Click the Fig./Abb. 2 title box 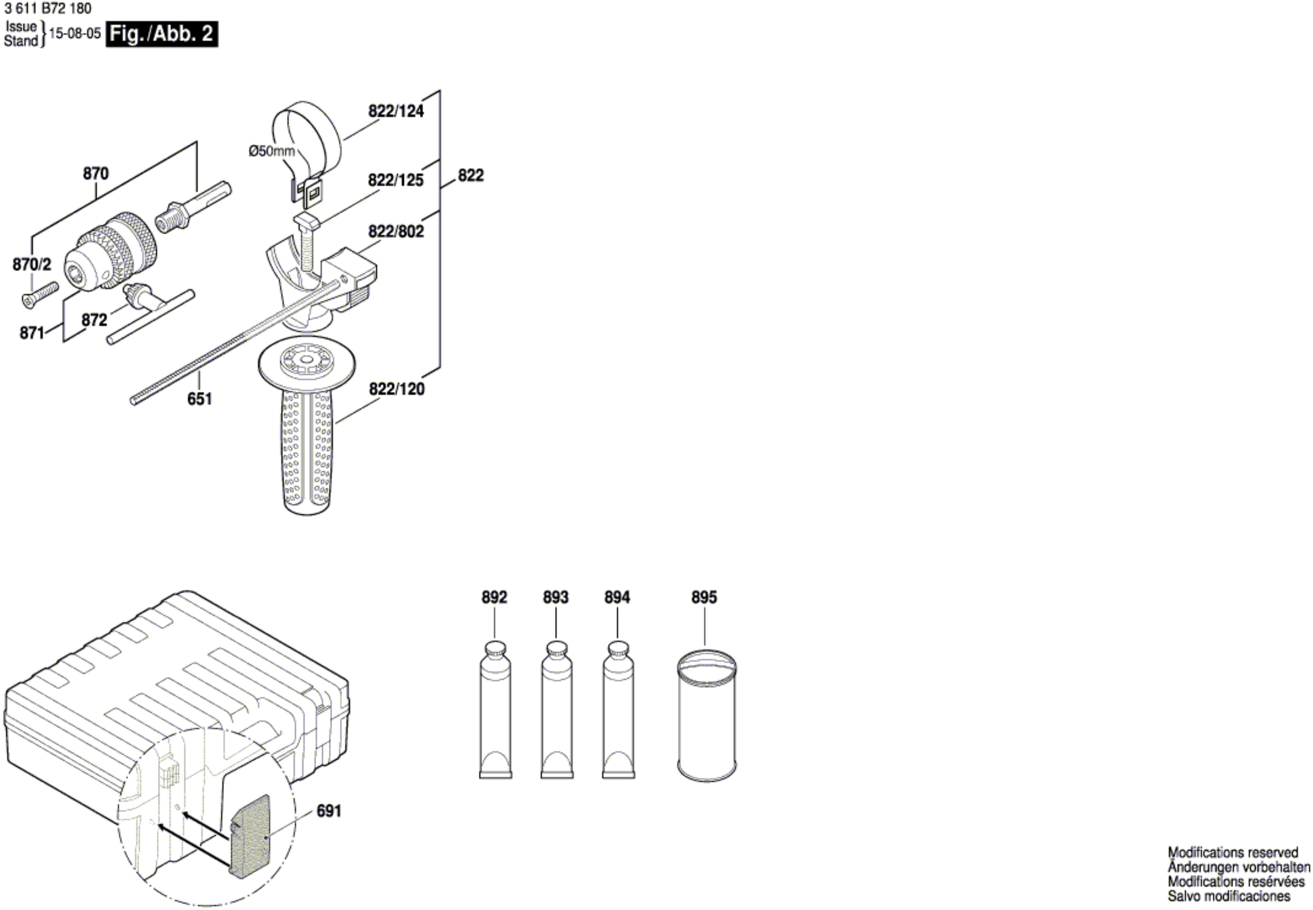pyautogui.click(x=161, y=34)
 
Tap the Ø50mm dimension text pyautogui.click(x=271, y=151)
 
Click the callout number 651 pyautogui.click(x=200, y=399)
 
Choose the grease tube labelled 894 pyautogui.click(x=619, y=710)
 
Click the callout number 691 pyautogui.click(x=329, y=811)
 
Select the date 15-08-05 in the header pyautogui.click(x=75, y=33)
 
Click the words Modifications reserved pyautogui.click(x=1233, y=852)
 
